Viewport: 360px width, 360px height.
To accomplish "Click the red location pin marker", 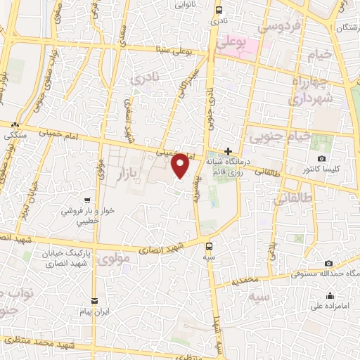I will [181, 166].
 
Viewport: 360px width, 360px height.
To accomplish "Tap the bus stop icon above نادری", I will [219, 10].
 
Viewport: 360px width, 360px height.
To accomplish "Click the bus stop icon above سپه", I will [209, 246].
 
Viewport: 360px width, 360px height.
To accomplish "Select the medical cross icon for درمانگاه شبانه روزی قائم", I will [228, 151].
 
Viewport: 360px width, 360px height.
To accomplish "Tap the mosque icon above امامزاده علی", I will [330, 295].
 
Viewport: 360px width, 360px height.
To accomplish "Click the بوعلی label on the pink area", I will [233, 43].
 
